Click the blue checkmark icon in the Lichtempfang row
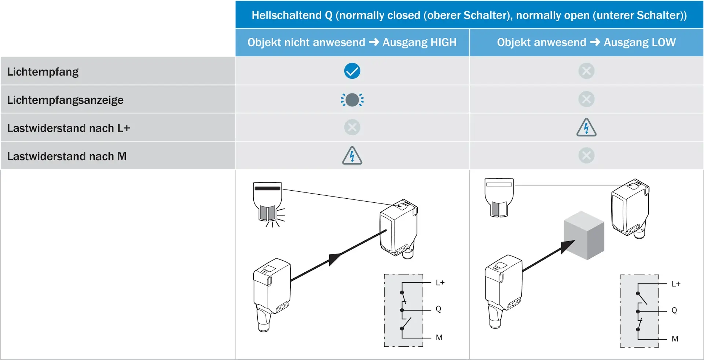[x=352, y=71]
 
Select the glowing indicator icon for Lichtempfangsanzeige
[x=352, y=100]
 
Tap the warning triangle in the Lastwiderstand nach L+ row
[x=586, y=128]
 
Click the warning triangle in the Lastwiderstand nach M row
[x=352, y=156]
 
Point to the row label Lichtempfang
[x=43, y=72]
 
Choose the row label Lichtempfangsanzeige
[x=65, y=100]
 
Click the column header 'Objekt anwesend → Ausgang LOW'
[x=586, y=43]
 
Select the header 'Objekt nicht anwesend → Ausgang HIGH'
[x=352, y=43]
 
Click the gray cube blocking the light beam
[x=584, y=235]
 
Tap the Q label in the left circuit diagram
[x=439, y=309]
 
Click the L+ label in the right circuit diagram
[x=676, y=284]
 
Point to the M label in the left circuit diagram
[x=439, y=338]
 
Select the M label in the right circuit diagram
[x=675, y=339]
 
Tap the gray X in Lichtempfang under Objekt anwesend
[x=586, y=71]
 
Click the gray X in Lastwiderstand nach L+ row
[x=352, y=127]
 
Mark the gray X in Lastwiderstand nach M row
[x=586, y=155]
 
